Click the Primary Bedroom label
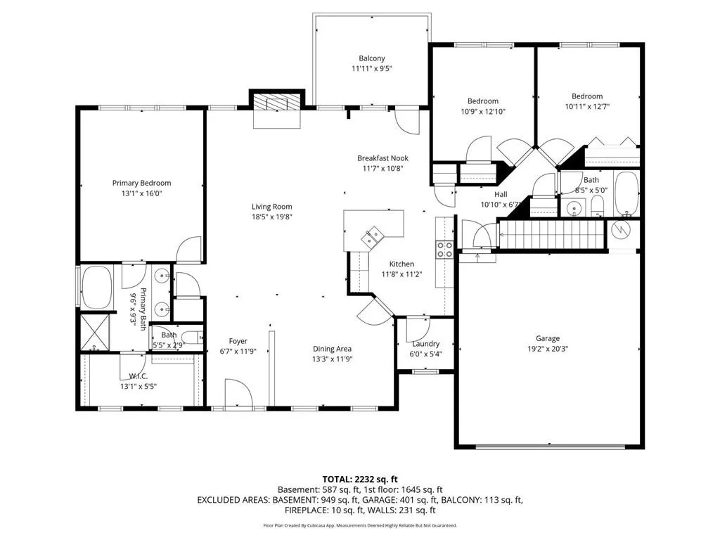141,183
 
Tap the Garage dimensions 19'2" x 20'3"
547,349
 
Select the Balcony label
371,58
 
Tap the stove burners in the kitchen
444,250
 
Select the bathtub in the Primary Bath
97,288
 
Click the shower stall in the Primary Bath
95,332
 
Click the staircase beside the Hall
551,235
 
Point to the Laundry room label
425,343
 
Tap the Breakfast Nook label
382,158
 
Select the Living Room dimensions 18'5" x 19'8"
272,217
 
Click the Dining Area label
332,349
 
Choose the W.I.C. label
139,377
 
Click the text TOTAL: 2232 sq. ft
360,480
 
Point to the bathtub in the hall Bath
626,194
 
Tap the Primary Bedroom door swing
188,250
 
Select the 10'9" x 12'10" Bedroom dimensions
483,111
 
